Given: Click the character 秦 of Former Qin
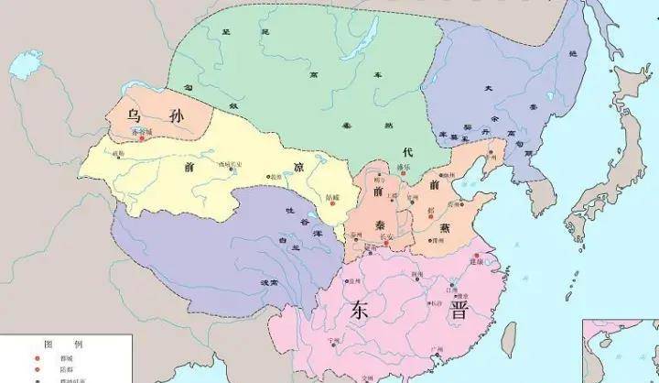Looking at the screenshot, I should point(381,224).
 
